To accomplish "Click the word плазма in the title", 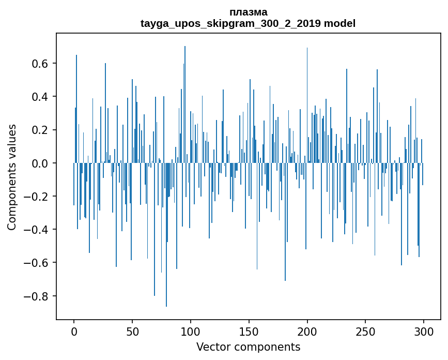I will pos(248,12).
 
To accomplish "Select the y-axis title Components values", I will pos(12,177).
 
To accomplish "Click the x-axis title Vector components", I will pos(248,347).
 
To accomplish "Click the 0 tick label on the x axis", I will pos(74,331).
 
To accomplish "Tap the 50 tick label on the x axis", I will pos(132,331).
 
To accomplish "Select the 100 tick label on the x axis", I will pos(191,331).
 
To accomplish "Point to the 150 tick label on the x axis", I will pos(249,331).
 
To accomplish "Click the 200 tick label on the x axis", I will pos(307,331).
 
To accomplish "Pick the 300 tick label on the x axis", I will pos(424,331).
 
